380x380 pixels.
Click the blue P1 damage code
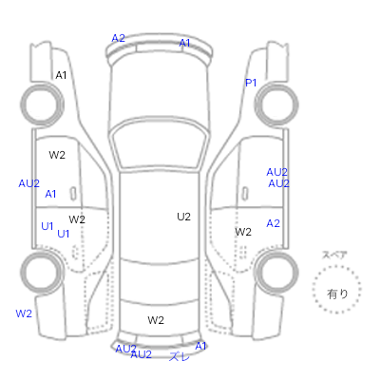click(251, 83)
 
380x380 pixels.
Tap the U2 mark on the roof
click(183, 217)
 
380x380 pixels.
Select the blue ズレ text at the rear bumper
click(180, 356)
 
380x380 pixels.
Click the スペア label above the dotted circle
click(334, 255)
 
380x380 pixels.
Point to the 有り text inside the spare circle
click(337, 294)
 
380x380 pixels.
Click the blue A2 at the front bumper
click(118, 38)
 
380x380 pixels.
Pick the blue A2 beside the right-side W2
click(273, 223)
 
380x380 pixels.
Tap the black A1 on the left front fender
click(61, 75)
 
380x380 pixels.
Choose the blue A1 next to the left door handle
click(50, 194)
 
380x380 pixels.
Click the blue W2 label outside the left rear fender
click(24, 313)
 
